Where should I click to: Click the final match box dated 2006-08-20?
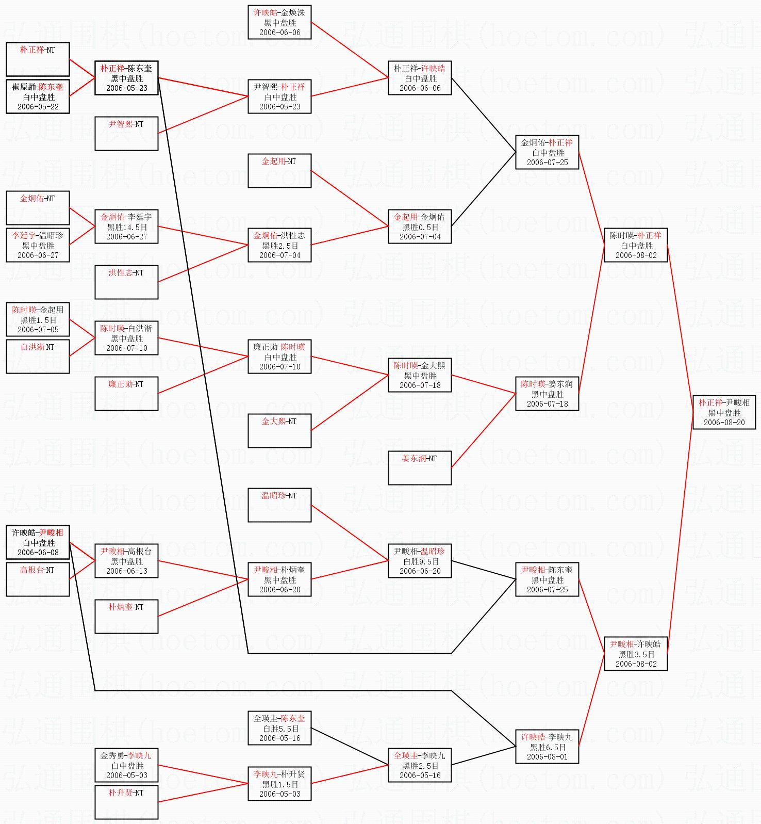click(724, 412)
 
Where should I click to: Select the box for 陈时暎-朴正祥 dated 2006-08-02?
click(636, 245)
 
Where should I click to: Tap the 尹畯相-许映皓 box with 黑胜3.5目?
click(636, 654)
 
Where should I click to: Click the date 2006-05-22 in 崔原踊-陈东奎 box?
click(38, 107)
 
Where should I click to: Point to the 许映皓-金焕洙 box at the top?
click(279, 22)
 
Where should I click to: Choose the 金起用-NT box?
click(279, 171)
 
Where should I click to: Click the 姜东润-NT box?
click(420, 468)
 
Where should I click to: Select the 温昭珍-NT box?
click(279, 505)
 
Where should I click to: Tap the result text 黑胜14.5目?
click(127, 227)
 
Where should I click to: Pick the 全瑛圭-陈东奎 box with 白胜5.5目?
click(279, 728)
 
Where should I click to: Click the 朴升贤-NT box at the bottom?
click(126, 802)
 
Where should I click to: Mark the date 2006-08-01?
click(547, 757)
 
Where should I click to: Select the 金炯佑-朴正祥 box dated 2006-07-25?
click(547, 152)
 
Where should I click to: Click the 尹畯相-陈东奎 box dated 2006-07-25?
click(547, 579)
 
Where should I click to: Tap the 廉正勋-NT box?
click(126, 394)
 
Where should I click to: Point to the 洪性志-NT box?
click(126, 282)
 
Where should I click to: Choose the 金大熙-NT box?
click(279, 431)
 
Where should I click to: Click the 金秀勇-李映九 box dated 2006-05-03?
click(126, 765)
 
